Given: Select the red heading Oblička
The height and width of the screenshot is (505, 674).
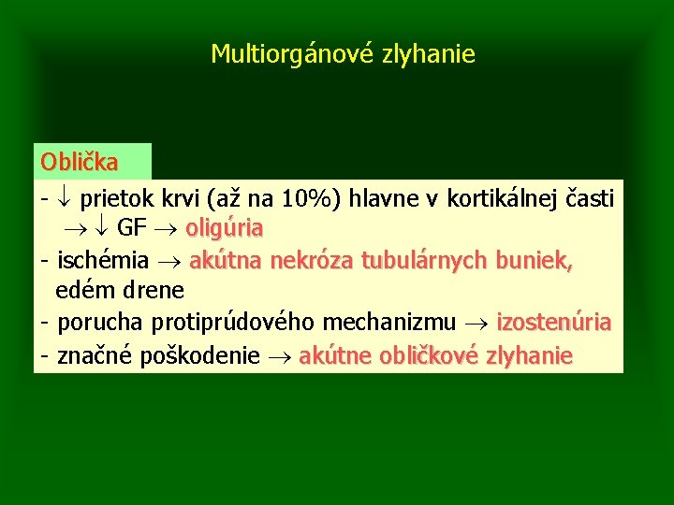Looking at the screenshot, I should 80,162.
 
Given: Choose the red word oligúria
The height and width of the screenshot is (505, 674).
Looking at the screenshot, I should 225,228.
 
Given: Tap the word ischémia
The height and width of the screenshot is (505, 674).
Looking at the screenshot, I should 100,259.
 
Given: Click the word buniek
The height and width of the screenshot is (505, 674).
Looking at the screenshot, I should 535,259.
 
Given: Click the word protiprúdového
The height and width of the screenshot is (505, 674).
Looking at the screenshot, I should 231,323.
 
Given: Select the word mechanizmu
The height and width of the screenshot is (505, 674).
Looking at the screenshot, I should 389,323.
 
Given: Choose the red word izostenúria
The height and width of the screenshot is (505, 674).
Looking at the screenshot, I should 553,323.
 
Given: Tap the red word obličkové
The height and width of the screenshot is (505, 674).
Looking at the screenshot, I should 429,355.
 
